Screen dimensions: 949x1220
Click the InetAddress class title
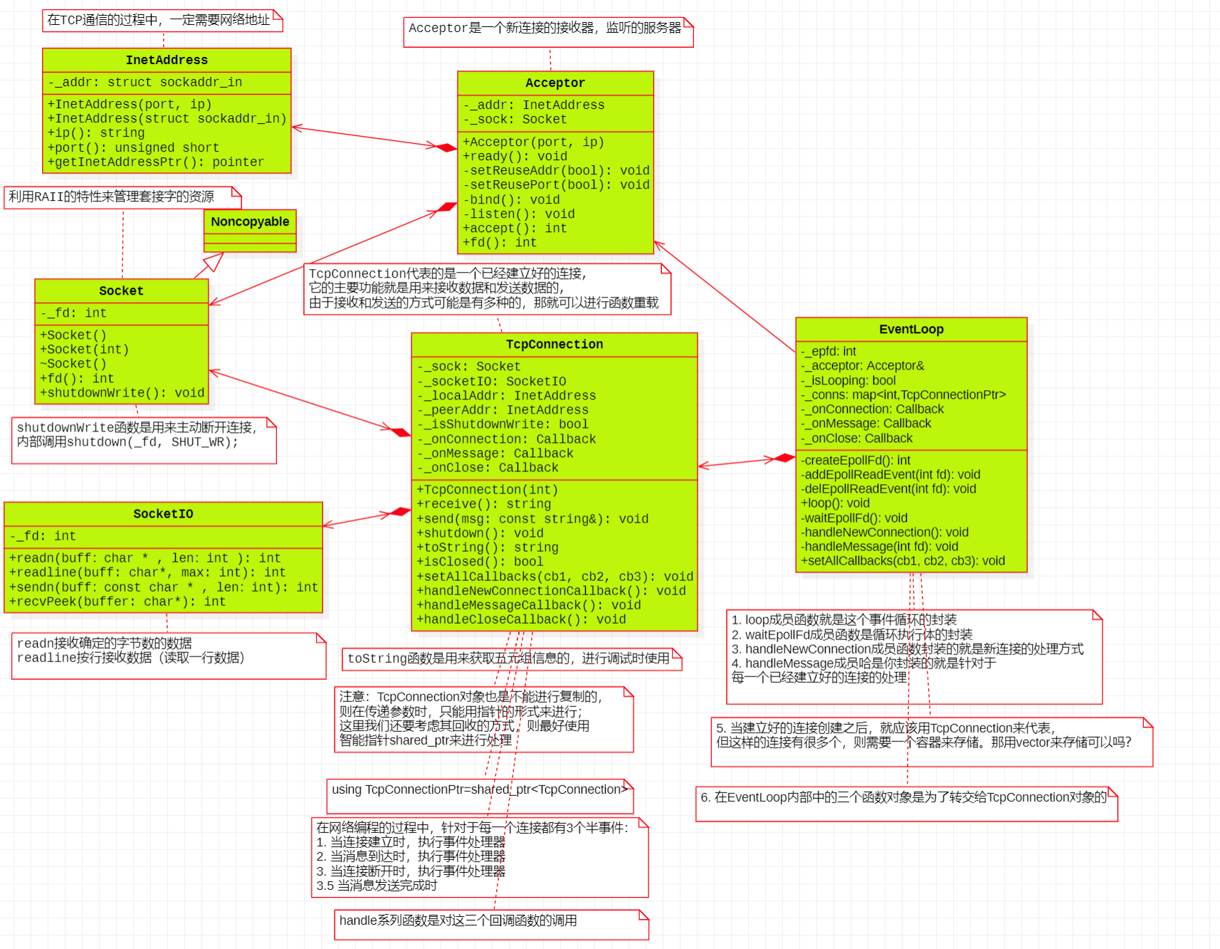pyautogui.click(x=167, y=60)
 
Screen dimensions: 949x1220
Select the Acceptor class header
pyautogui.click(x=554, y=83)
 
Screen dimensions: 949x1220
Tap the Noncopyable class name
pyautogui.click(x=250, y=221)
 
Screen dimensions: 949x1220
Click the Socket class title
pyautogui.click(x=121, y=290)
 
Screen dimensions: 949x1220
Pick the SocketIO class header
pyautogui.click(x=163, y=513)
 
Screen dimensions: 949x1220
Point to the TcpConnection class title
pyautogui.click(x=554, y=344)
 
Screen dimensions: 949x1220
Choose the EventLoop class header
pyautogui.click(x=910, y=329)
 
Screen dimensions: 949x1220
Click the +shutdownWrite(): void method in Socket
pyautogui.click(x=122, y=392)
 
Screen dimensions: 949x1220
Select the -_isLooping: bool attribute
pyautogui.click(x=848, y=380)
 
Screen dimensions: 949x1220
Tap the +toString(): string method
pyautogui.click(x=488, y=547)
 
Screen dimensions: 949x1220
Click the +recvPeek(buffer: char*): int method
pyautogui.click(x=117, y=602)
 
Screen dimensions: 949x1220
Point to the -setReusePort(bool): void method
pyautogui.click(x=556, y=184)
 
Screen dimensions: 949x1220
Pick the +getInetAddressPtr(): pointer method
pyautogui.click(x=155, y=162)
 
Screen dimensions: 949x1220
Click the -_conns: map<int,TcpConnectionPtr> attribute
pyautogui.click(x=903, y=394)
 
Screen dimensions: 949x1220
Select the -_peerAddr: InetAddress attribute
pyautogui.click(x=503, y=409)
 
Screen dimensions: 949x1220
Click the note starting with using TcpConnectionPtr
pyautogui.click(x=479, y=795)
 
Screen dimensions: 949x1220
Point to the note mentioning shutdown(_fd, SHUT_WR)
pyautogui.click(x=142, y=439)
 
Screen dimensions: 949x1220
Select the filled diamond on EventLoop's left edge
pyautogui.click(x=784, y=458)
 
